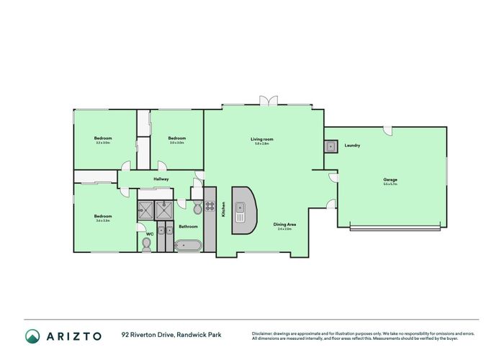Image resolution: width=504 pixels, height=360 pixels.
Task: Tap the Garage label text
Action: (390, 179)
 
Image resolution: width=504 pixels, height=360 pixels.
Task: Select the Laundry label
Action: (352, 146)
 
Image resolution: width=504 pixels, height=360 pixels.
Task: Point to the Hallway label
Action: (161, 179)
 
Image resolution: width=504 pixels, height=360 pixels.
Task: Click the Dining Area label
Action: (282, 225)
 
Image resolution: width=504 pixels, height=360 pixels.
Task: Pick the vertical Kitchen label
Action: (224, 210)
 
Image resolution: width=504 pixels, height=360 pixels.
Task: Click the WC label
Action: (150, 234)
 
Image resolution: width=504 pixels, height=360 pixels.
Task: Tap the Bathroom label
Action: (189, 226)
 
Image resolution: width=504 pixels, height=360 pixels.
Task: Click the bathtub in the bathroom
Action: (190, 246)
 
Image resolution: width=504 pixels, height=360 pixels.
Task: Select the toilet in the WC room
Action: (146, 244)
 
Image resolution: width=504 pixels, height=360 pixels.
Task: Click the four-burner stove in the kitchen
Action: (210, 205)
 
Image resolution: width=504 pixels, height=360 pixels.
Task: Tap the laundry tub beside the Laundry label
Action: (331, 147)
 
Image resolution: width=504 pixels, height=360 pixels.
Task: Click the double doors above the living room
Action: (268, 102)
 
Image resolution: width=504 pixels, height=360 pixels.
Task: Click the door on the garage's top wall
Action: (387, 131)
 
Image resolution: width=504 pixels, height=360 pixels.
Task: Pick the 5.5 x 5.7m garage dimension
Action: (390, 184)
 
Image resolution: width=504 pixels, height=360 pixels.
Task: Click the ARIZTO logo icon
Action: (32, 336)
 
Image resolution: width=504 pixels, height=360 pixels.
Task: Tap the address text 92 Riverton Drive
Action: (148, 336)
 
